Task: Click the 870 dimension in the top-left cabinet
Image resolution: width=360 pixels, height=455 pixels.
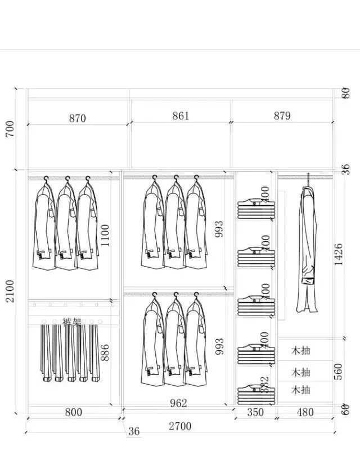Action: (78, 118)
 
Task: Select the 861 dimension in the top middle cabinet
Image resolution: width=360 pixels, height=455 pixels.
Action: (181, 116)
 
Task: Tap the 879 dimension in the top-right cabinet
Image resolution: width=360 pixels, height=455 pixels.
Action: (282, 116)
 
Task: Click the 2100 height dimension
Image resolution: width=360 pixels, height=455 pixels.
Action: (10, 291)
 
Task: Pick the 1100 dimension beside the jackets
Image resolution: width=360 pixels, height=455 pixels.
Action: (106, 236)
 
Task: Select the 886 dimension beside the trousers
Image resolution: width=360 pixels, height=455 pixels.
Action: (106, 353)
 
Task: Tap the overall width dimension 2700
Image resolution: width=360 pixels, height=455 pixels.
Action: (180, 426)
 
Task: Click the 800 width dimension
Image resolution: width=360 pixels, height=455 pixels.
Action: (73, 412)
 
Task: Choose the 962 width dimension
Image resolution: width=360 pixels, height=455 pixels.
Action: (178, 403)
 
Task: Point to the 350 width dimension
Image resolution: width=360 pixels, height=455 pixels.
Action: (255, 412)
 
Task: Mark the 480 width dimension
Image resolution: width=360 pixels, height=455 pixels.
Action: (305, 412)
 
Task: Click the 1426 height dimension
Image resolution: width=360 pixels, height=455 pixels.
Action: (339, 255)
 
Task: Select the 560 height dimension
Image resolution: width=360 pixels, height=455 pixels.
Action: (339, 372)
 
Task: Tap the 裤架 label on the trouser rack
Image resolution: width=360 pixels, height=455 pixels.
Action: (71, 322)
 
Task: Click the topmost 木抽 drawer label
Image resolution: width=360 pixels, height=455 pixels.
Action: (301, 351)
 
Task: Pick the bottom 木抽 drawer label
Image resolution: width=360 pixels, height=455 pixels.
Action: (301, 390)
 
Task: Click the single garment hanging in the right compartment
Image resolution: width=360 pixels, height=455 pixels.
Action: (307, 247)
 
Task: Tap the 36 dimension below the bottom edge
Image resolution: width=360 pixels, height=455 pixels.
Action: (134, 431)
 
